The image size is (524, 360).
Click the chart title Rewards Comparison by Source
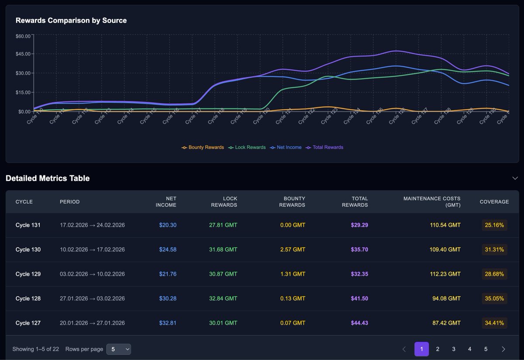[71, 21]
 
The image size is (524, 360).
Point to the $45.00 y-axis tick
[23, 54]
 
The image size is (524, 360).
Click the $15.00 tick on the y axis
[23, 93]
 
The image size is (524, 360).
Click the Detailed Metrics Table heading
[48, 178]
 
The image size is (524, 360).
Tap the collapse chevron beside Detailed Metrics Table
[515, 178]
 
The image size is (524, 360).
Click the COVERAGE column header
[494, 202]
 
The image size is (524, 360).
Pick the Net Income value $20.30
[168, 225]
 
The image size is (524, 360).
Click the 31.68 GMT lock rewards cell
[223, 250]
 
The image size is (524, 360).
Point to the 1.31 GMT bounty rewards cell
[293, 274]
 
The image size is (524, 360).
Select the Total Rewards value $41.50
[359, 299]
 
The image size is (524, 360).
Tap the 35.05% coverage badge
[494, 299]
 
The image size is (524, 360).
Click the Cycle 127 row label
[28, 323]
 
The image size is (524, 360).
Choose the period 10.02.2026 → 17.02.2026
[92, 250]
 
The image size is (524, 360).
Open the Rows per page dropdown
[119, 349]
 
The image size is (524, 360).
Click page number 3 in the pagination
[454, 349]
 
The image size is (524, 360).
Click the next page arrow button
[503, 349]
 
